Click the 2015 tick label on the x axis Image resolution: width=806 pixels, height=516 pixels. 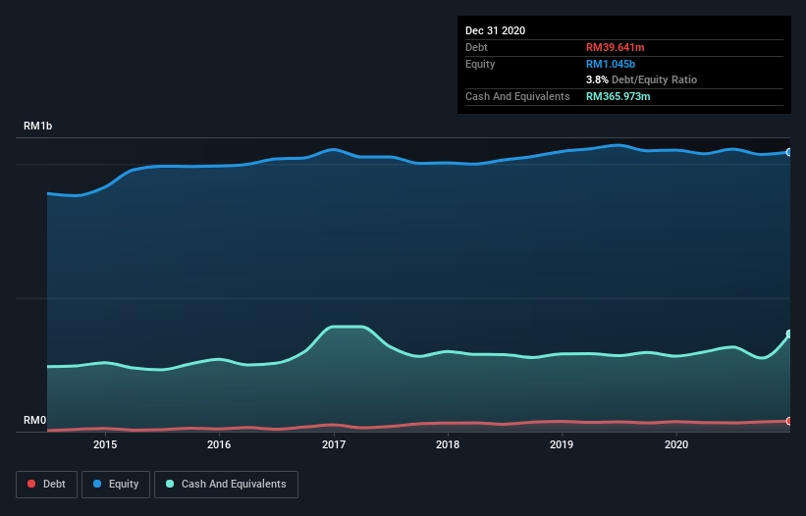pyautogui.click(x=105, y=444)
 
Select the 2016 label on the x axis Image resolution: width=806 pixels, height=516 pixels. pyautogui.click(x=219, y=444)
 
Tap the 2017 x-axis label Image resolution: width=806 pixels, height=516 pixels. pyautogui.click(x=334, y=444)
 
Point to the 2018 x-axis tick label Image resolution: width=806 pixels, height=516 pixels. pyautogui.click(x=448, y=444)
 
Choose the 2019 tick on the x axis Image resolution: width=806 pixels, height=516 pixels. pyautogui.click(x=562, y=444)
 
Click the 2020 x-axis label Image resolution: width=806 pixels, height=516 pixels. pyautogui.click(x=676, y=444)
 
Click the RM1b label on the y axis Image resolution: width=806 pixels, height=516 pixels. pyautogui.click(x=39, y=127)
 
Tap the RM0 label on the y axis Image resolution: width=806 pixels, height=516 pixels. pyautogui.click(x=34, y=421)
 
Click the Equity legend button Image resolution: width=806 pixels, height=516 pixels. pyautogui.click(x=115, y=484)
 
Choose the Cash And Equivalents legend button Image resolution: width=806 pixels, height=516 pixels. pyautogui.click(x=226, y=484)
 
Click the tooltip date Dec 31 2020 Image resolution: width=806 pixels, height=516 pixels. pyautogui.click(x=495, y=30)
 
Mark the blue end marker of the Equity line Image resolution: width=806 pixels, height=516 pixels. pyautogui.click(x=788, y=152)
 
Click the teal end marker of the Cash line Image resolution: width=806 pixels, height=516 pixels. pyautogui.click(x=788, y=335)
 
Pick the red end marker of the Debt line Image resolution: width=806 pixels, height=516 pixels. pyautogui.click(x=788, y=421)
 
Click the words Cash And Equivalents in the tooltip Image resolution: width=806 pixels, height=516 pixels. pyautogui.click(x=517, y=96)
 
